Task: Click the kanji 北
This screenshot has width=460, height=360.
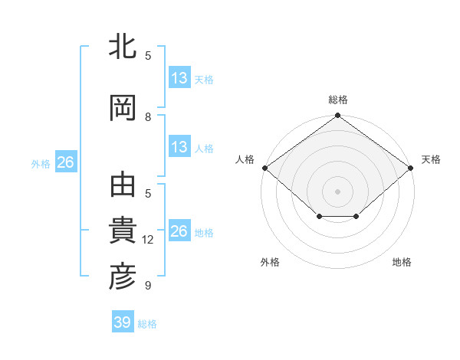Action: (123, 47)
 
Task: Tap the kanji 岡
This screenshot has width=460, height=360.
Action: (123, 108)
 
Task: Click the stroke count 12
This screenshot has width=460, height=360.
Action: (149, 240)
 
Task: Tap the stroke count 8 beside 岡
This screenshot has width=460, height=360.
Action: (148, 116)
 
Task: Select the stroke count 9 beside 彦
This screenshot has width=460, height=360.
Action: (148, 286)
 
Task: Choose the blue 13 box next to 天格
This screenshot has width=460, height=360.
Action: (179, 78)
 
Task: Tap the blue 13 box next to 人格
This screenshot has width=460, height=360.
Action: (179, 147)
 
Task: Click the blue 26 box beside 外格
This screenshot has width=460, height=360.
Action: (65, 162)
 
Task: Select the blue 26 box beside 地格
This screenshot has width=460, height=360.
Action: (179, 231)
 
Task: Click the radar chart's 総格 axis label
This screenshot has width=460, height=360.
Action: (338, 100)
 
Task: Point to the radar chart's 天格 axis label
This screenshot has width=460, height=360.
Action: (431, 159)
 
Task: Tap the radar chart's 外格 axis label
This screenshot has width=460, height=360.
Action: (270, 262)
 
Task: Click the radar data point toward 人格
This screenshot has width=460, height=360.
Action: (264, 168)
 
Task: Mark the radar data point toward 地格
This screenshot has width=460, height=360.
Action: (356, 217)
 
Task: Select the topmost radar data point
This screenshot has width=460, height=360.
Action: (337, 116)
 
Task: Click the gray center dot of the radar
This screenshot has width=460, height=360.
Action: (337, 191)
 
